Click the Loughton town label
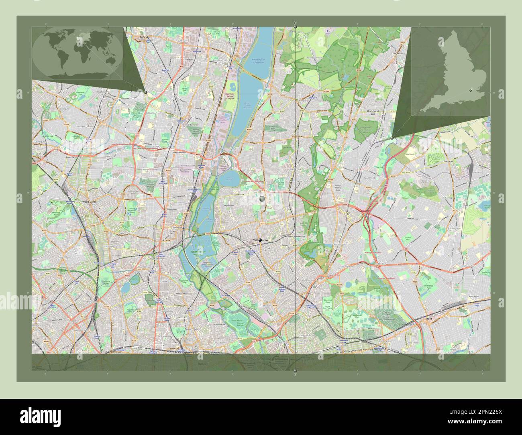click(397, 53)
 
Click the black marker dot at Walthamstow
click(260, 240)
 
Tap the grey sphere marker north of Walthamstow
click(262, 199)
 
